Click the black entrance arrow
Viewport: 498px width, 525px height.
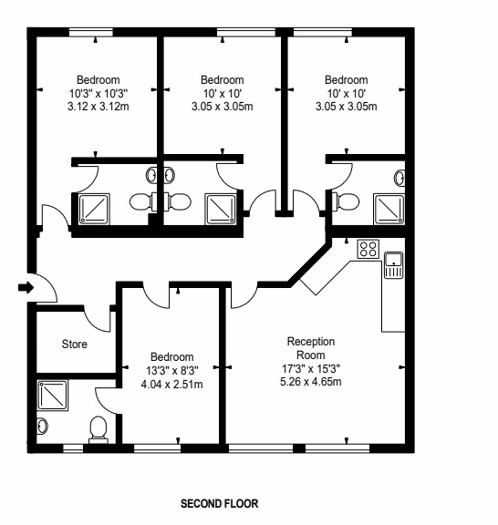click(x=26, y=287)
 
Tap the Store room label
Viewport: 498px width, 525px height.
click(x=75, y=344)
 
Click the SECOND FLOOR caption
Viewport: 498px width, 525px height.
click(x=220, y=503)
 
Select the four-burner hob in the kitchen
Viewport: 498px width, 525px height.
click(x=368, y=249)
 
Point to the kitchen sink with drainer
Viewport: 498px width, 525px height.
click(x=393, y=265)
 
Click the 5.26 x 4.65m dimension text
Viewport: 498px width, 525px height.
click(x=311, y=382)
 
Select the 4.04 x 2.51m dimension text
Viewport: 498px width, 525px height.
click(x=171, y=385)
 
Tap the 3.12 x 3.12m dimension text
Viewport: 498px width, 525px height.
click(x=99, y=107)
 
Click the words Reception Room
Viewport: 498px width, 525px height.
click(x=311, y=348)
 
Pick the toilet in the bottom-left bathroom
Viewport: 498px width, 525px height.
click(x=99, y=429)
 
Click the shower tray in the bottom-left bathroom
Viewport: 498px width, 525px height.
click(x=53, y=395)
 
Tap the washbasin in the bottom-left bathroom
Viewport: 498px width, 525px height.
click(x=42, y=427)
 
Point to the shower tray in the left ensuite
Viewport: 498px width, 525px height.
click(x=94, y=209)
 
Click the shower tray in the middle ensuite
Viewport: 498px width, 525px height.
click(x=221, y=209)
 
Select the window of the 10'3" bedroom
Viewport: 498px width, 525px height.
click(x=91, y=33)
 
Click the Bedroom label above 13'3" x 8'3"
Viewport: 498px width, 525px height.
click(x=171, y=357)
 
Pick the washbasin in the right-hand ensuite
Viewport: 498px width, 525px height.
click(x=399, y=178)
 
